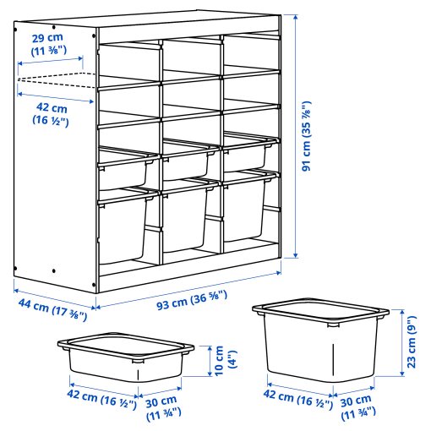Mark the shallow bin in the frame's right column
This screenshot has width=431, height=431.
coord(249,155)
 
